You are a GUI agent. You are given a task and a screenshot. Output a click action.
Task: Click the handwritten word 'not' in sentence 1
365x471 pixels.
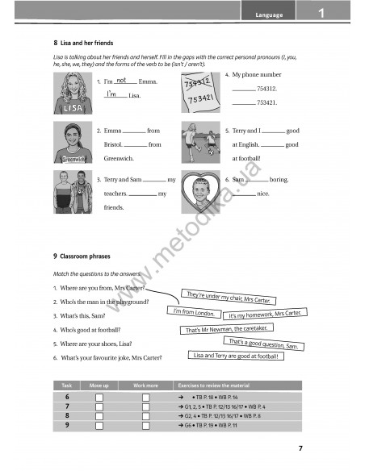point(120,81)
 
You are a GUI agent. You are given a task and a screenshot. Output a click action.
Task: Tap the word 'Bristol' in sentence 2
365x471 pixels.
point(112,144)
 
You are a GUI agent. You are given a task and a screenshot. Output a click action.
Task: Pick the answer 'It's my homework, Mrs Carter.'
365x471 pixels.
point(265,314)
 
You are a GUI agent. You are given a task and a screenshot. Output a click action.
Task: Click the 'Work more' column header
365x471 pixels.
point(146,386)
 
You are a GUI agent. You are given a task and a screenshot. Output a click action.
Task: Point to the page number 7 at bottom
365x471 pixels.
point(300,448)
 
